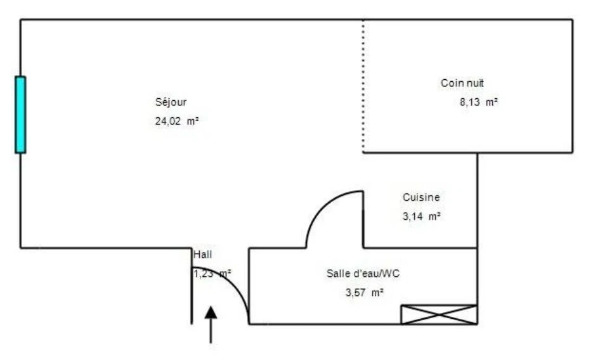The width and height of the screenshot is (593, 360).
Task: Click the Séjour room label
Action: tap(171, 103)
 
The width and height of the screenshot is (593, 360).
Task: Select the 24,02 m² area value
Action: tap(177, 121)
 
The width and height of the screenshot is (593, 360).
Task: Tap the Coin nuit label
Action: tap(462, 83)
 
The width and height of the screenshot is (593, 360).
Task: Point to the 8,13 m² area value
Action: tap(479, 102)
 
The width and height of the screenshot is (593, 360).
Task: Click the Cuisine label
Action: tap(421, 197)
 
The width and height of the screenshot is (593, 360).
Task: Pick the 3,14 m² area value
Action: tap(422, 217)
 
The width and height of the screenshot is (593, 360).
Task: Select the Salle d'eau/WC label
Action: tap(363, 274)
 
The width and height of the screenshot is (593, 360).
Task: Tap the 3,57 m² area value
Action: tap(365, 292)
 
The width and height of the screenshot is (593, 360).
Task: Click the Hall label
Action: tap(203, 255)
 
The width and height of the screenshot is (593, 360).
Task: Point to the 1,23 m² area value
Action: tap(212, 274)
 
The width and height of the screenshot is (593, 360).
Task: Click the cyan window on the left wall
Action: tap(20, 115)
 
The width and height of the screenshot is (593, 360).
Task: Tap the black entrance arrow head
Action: tap(211, 312)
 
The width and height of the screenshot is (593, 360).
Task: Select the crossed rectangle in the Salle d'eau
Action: tap(439, 314)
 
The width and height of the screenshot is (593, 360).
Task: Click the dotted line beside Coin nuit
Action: tap(363, 86)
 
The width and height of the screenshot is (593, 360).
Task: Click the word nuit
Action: tap(474, 83)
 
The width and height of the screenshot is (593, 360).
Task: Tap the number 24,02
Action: tap(168, 121)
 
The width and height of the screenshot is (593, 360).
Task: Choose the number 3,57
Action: tap(356, 293)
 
